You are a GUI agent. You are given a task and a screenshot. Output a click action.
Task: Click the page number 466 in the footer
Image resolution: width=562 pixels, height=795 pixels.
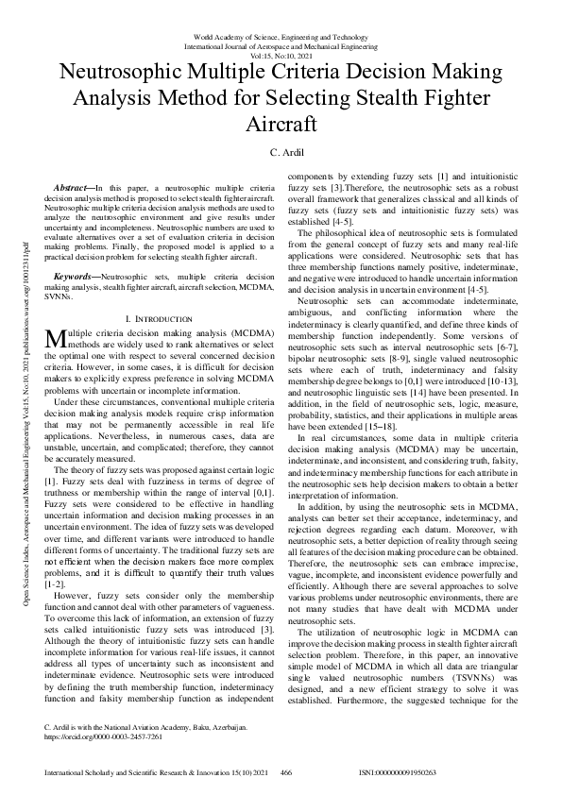tap(286, 771)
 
